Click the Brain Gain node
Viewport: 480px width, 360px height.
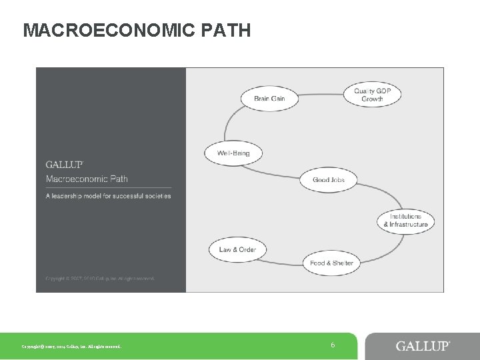[x=269, y=99]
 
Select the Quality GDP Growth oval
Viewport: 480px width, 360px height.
[x=372, y=95]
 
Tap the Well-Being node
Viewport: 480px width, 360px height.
[x=233, y=153]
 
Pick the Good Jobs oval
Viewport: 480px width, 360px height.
[x=328, y=180]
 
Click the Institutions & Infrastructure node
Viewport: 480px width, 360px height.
[x=405, y=221]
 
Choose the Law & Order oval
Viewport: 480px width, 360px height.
[x=237, y=250]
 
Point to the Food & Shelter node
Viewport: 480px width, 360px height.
[x=331, y=263]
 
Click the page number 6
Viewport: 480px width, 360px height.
[x=332, y=345]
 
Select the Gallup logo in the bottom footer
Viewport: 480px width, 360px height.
[x=423, y=346]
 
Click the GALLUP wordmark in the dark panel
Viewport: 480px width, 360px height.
[x=64, y=165]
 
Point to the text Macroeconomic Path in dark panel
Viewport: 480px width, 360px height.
[x=87, y=179]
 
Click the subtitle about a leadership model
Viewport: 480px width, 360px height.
[x=108, y=196]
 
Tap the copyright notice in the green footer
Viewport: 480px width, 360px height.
[x=71, y=347]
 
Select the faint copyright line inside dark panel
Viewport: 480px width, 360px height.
[x=99, y=278]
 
